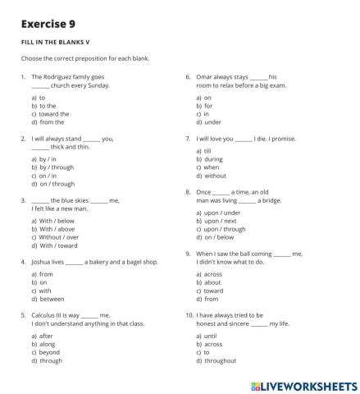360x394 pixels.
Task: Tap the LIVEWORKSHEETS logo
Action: click(300, 383)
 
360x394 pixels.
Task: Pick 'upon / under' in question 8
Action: click(216, 213)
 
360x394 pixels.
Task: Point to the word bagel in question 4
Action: click(122, 261)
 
